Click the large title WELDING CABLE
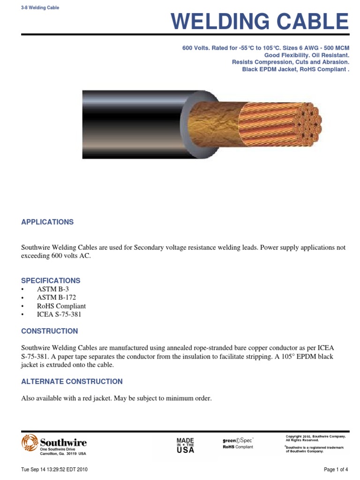click(x=260, y=22)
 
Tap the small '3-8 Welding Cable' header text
click(x=40, y=8)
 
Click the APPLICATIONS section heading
click(x=47, y=222)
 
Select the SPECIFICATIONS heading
click(x=51, y=281)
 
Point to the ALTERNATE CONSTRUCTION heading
click(x=72, y=382)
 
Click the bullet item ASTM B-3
click(x=53, y=289)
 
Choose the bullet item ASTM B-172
click(x=56, y=297)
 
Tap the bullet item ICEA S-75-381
click(x=59, y=314)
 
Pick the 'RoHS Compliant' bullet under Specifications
click(x=61, y=306)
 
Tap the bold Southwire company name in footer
click(x=63, y=442)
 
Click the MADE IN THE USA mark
click(x=185, y=445)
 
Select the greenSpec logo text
click(x=237, y=441)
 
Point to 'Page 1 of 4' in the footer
click(x=336, y=469)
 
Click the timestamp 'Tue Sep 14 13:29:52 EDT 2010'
click(x=54, y=469)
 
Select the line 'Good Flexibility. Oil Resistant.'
click(x=307, y=55)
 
